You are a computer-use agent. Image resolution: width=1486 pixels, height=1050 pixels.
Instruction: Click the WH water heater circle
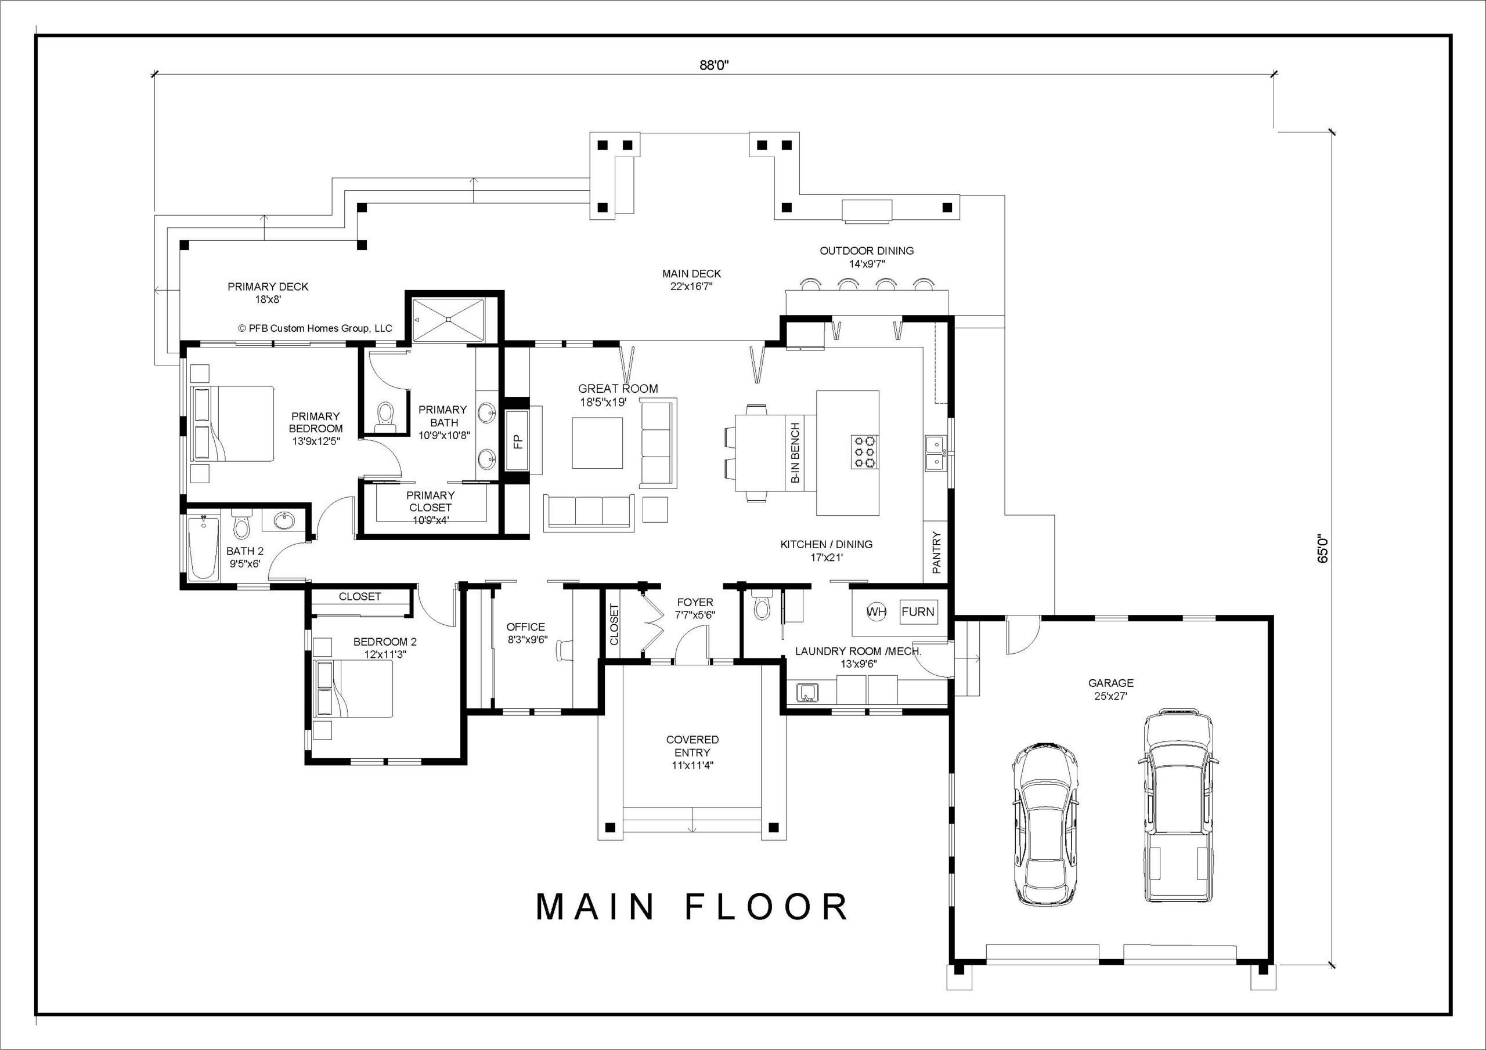(877, 612)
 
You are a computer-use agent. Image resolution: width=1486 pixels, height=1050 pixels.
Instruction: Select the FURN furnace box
(918, 612)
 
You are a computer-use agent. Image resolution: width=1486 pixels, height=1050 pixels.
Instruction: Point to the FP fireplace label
(518, 442)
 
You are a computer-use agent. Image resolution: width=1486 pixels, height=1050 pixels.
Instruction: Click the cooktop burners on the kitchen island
(865, 451)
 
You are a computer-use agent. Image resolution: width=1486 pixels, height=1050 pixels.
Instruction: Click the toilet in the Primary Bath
(385, 416)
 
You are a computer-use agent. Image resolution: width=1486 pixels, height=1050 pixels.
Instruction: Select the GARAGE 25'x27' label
(1110, 689)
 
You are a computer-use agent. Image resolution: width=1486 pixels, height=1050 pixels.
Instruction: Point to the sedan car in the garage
(1045, 825)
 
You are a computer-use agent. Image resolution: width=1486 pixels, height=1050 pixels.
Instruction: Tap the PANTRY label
(936, 552)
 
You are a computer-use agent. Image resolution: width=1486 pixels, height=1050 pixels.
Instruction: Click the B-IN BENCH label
(795, 453)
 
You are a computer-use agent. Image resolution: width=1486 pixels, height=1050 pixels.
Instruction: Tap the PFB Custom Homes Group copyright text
(315, 328)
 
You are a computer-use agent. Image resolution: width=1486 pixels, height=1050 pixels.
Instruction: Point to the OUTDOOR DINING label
(867, 257)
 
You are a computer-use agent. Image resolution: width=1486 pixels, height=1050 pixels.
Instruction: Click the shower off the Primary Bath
(449, 319)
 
